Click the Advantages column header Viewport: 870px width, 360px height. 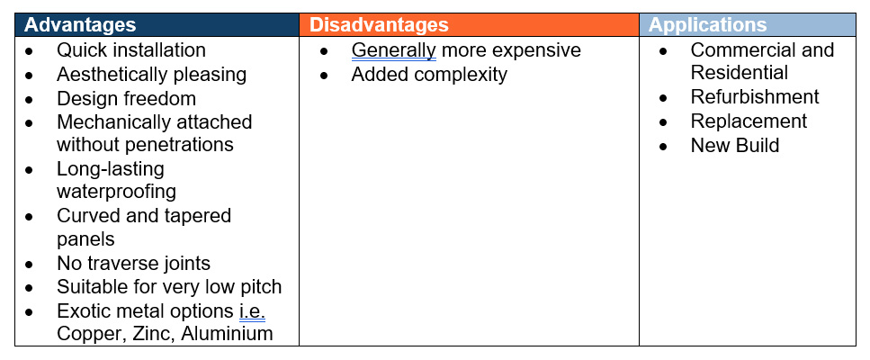[x=80, y=25]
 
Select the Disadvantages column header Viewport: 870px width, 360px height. [x=379, y=25]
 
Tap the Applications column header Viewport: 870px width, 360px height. [x=707, y=25]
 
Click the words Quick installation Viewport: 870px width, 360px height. [x=131, y=49]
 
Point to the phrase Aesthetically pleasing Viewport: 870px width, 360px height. [x=151, y=75]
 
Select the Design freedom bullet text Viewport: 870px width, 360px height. [x=126, y=99]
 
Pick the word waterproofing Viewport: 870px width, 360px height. [x=117, y=192]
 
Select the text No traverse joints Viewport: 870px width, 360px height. [x=133, y=263]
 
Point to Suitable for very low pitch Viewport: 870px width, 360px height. [x=169, y=287]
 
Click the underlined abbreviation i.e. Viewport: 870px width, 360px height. [x=253, y=311]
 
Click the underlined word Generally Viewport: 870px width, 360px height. [x=394, y=50]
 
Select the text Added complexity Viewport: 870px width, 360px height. [x=429, y=75]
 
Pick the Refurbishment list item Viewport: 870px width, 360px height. [x=755, y=96]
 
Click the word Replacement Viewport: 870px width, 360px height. [x=749, y=121]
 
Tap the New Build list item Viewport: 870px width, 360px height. [x=735, y=145]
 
